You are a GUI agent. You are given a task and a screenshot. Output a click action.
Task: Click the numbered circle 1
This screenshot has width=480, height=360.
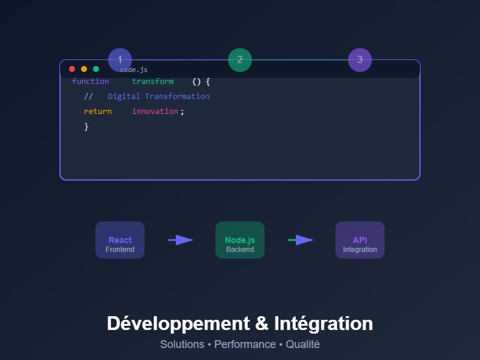click(120, 60)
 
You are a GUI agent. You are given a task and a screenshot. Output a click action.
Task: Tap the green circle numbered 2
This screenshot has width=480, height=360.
click(240, 60)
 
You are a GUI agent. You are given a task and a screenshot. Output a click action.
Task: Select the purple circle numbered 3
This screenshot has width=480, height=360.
click(360, 60)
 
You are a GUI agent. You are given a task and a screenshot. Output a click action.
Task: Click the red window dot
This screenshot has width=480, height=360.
click(72, 69)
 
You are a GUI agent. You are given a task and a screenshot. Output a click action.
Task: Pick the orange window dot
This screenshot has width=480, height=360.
click(84, 69)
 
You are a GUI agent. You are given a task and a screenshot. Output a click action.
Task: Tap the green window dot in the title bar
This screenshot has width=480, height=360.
click(96, 69)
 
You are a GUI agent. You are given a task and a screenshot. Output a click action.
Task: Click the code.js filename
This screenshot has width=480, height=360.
click(134, 70)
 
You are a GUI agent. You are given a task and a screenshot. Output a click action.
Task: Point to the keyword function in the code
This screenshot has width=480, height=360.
click(91, 82)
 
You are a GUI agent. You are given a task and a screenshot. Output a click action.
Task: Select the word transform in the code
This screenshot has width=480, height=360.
click(152, 82)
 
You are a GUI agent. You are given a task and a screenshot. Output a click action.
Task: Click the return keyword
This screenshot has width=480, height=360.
click(98, 112)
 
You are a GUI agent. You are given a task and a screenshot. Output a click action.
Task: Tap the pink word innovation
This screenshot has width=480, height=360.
click(155, 112)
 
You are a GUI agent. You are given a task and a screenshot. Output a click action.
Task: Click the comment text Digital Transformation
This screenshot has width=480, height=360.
click(158, 97)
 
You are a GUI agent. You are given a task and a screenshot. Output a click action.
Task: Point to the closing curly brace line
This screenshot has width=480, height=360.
click(86, 127)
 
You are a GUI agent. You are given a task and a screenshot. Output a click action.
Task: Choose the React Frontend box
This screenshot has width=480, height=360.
click(120, 240)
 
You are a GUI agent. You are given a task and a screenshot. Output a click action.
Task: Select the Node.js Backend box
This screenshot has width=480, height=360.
click(240, 240)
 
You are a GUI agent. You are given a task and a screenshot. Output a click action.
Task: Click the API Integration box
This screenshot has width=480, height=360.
click(360, 240)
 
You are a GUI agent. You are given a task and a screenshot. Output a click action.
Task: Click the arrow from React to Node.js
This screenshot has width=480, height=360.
click(180, 240)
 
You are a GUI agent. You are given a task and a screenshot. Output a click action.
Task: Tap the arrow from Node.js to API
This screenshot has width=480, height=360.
click(300, 240)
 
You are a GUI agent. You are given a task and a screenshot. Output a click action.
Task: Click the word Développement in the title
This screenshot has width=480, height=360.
click(178, 323)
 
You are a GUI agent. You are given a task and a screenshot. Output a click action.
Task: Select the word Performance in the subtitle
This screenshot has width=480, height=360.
click(245, 344)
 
